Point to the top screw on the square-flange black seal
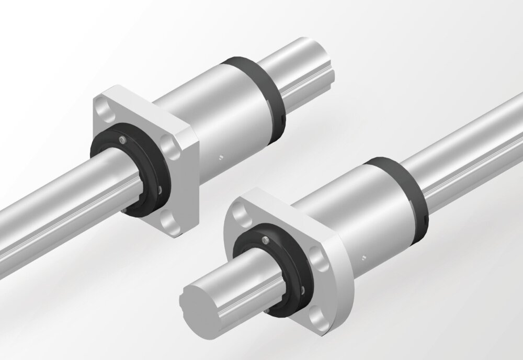[x=121, y=139]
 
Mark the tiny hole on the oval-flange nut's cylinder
[x=363, y=256]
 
